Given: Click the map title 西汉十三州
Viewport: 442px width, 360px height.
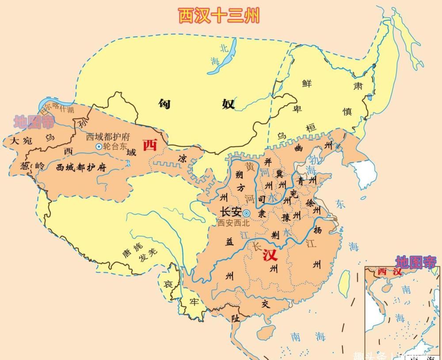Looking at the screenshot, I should point(218,15).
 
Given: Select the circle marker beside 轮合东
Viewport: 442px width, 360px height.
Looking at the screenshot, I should point(99,146).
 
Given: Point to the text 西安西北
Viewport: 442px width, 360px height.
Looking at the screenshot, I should point(233,223).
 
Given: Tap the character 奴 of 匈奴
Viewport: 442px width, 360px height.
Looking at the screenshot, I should point(228,104).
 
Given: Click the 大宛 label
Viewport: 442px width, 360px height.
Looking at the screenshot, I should point(21,141).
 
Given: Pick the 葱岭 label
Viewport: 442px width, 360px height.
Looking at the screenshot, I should point(32,166).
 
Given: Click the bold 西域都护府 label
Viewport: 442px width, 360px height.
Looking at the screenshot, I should point(81,167).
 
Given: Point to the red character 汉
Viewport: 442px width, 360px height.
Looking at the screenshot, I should point(270,255).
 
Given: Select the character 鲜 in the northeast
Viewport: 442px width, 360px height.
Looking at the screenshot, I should point(307,84).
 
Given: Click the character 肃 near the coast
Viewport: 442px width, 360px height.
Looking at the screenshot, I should point(357,86).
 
